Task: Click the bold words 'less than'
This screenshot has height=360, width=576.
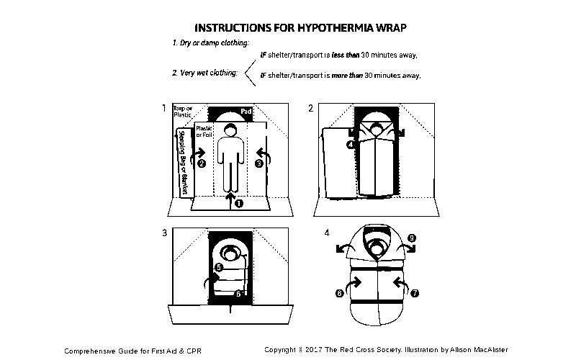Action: [x=346, y=55]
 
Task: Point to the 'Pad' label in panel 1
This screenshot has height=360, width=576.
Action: [x=246, y=112]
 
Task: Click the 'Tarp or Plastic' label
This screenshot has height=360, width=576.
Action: [x=184, y=112]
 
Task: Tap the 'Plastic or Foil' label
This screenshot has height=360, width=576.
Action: [x=204, y=131]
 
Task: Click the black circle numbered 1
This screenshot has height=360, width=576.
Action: [x=239, y=203]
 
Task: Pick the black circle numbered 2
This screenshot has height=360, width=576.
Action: [x=202, y=163]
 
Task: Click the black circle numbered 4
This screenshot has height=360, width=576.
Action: [x=351, y=144]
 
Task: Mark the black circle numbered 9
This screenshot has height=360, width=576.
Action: [x=411, y=238]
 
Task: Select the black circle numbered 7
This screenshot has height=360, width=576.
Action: [x=414, y=293]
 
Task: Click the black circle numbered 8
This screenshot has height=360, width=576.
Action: [x=339, y=293]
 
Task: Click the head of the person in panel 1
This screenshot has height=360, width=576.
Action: [x=230, y=130]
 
